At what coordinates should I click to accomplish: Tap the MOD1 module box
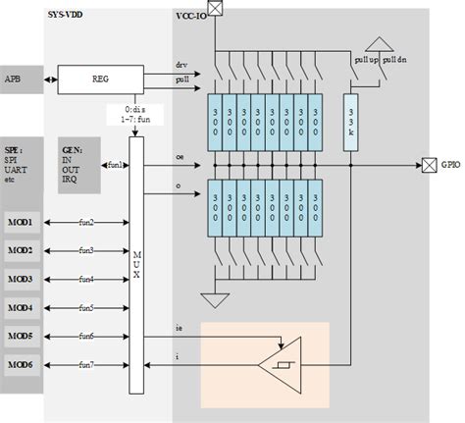pos(22,223)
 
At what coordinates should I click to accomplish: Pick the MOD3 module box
pos(22,280)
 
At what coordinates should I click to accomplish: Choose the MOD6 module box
pos(22,366)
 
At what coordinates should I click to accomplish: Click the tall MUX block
pos(135,260)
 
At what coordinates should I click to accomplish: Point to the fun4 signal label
pos(86,280)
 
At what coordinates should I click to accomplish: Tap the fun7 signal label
pos(86,366)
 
